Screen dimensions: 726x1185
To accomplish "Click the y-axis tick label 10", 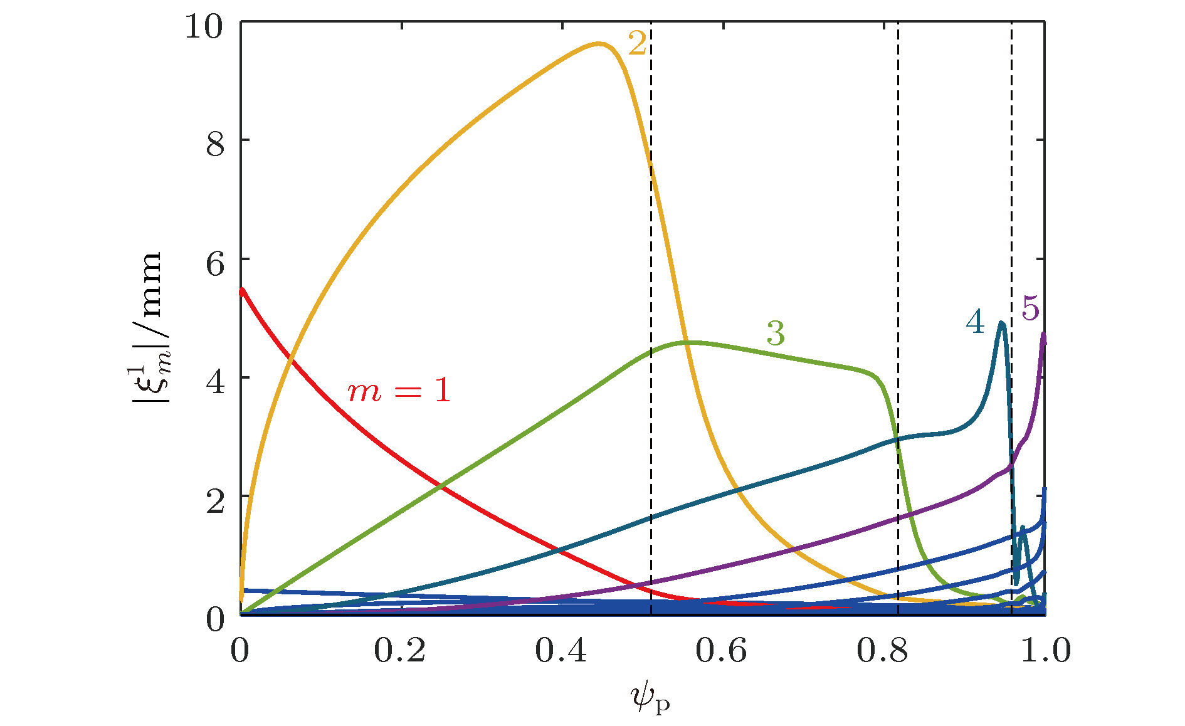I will (204, 28).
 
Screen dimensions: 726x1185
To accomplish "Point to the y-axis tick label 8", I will (215, 145).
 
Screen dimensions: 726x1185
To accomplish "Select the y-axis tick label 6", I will (215, 264).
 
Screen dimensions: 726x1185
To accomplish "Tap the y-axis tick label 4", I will (215, 382).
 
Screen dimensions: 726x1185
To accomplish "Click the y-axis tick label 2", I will (215, 501).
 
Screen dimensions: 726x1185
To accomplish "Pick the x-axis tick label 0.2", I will (399, 651).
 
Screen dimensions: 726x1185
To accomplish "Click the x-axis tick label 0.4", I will (561, 651).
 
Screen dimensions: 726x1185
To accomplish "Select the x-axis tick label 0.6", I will (721, 651).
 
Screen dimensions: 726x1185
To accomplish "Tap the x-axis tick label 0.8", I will (882, 651).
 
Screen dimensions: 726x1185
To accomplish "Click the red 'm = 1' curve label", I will (399, 391).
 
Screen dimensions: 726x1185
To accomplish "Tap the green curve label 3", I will (776, 334).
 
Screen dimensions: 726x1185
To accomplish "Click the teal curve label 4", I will (975, 322).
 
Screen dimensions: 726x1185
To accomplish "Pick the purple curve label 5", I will (1030, 308).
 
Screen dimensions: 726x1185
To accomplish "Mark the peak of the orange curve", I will (599, 44).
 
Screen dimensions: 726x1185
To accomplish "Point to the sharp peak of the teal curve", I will (1001, 324).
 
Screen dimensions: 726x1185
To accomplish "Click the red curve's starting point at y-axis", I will (242, 291).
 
